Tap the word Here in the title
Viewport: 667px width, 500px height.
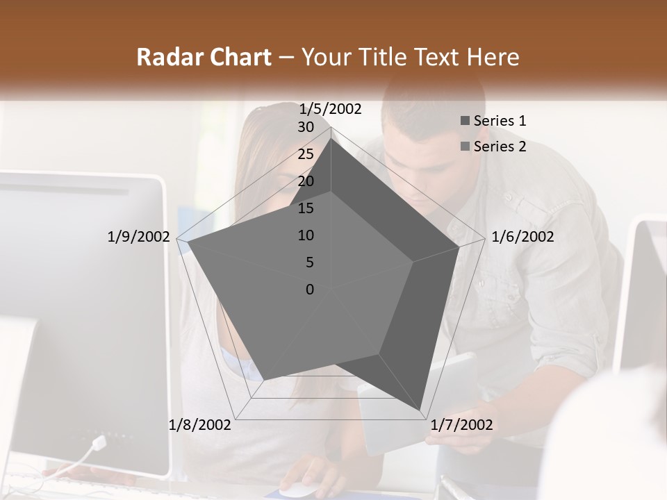[x=493, y=57]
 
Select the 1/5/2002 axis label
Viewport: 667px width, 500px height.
[x=331, y=108]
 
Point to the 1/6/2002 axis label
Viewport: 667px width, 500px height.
[x=522, y=237]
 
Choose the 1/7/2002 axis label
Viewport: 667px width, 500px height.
[x=462, y=424]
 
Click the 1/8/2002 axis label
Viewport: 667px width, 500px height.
[x=200, y=424]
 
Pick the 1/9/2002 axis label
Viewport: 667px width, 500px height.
[x=138, y=237]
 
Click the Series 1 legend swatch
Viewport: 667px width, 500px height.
[x=465, y=121]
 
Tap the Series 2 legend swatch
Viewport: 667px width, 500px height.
[x=465, y=147]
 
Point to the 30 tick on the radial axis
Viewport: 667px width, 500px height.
[x=306, y=127]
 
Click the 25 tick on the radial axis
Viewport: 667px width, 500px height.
[x=306, y=154]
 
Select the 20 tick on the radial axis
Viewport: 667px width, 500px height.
[x=306, y=181]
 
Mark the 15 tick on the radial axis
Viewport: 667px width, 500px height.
[x=306, y=208]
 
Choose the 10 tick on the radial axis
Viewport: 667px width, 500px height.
[x=306, y=235]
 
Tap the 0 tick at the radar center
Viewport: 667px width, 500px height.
[x=310, y=290]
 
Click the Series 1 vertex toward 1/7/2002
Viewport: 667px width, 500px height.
[x=421, y=412]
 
